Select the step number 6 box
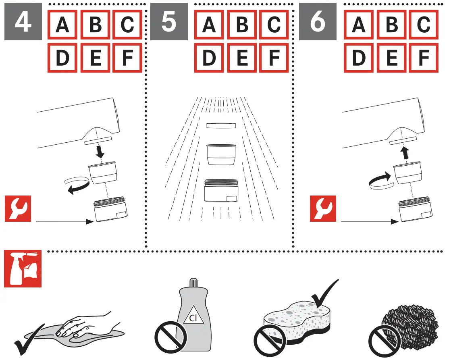tap(318, 22)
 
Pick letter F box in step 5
tap(274, 58)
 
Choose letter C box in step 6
tap(423, 25)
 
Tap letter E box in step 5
tap(242, 58)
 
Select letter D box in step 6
tap(359, 58)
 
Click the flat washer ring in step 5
tap(221, 126)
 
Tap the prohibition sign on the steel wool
tap(382, 341)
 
